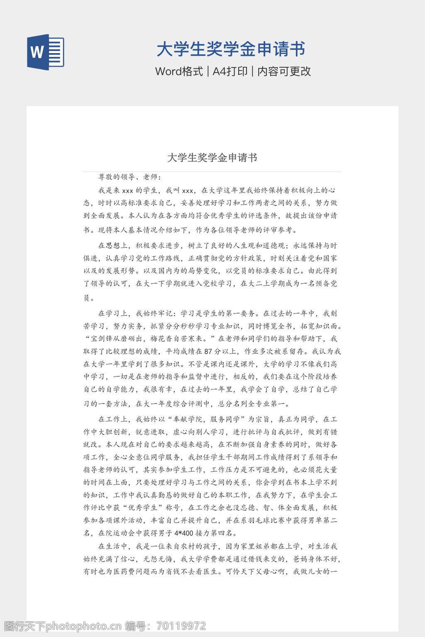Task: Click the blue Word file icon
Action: click(x=46, y=52)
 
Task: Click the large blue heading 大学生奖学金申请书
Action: click(x=231, y=49)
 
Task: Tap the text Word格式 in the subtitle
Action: click(x=179, y=71)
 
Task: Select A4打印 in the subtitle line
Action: click(x=230, y=71)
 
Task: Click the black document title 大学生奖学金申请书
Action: click(x=212, y=158)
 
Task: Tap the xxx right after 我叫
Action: click(x=188, y=191)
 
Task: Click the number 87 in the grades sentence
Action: click(x=208, y=351)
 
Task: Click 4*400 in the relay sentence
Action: click(x=183, y=533)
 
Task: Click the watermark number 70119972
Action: click(x=181, y=626)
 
